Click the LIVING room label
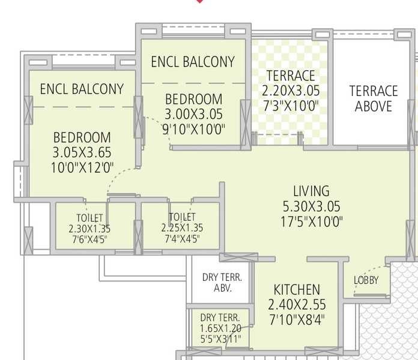click(311, 191)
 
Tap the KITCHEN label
click(297, 289)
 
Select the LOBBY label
click(366, 280)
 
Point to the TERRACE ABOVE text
click(374, 99)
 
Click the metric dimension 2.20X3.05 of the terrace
click(291, 91)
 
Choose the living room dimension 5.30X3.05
click(311, 207)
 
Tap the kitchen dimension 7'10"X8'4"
click(297, 318)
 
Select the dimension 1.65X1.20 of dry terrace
click(220, 329)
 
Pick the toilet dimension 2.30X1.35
click(89, 229)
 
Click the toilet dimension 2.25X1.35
click(182, 228)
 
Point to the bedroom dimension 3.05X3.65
click(82, 152)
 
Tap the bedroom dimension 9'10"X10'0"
click(194, 130)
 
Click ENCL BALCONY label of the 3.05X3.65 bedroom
click(82, 89)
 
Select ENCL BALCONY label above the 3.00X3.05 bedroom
click(193, 62)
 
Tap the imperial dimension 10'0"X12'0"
click(82, 168)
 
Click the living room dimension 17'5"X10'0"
click(311, 222)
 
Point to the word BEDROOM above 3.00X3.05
click(194, 99)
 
